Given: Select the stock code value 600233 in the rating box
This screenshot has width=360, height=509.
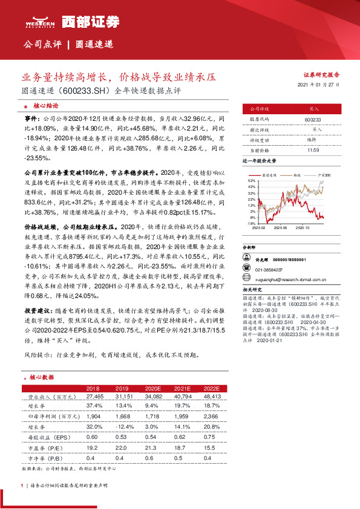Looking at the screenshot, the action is pyautogui.click(x=313, y=120).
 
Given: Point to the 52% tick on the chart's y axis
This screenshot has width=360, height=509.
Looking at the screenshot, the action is pyautogui.click(x=250, y=180).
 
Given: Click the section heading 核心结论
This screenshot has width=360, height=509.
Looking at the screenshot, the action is pyautogui.click(x=42, y=105).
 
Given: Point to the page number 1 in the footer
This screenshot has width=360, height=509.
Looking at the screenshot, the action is pyautogui.click(x=22, y=485).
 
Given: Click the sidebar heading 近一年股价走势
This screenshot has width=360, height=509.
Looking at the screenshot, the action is pyautogui.click(x=260, y=161).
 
